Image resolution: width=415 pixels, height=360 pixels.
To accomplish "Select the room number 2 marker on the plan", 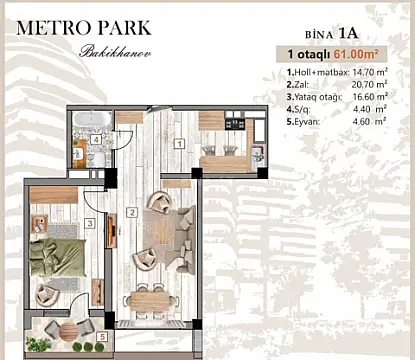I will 131,212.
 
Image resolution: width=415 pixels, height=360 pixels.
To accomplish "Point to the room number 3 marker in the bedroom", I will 89,224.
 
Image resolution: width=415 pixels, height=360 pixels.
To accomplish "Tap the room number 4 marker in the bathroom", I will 95,141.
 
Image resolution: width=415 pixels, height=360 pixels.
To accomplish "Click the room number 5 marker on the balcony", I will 103,337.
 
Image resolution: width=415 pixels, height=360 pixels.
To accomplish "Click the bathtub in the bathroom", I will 92,121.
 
